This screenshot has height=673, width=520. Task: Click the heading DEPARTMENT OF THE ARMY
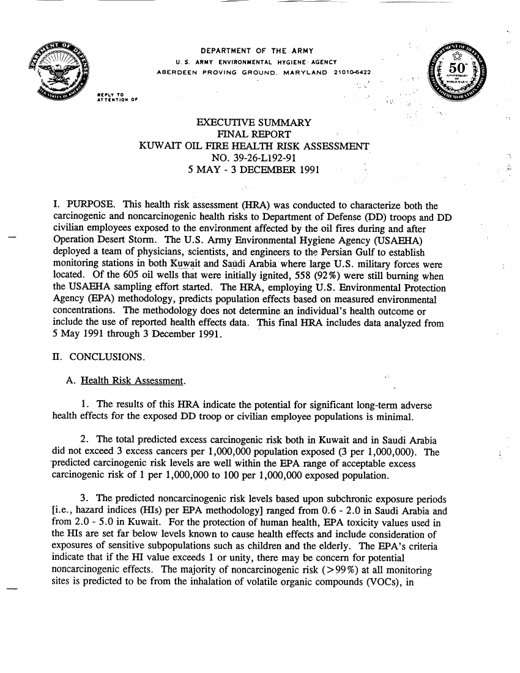tap(257, 50)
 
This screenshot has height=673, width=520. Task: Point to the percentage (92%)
tap(313, 274)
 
